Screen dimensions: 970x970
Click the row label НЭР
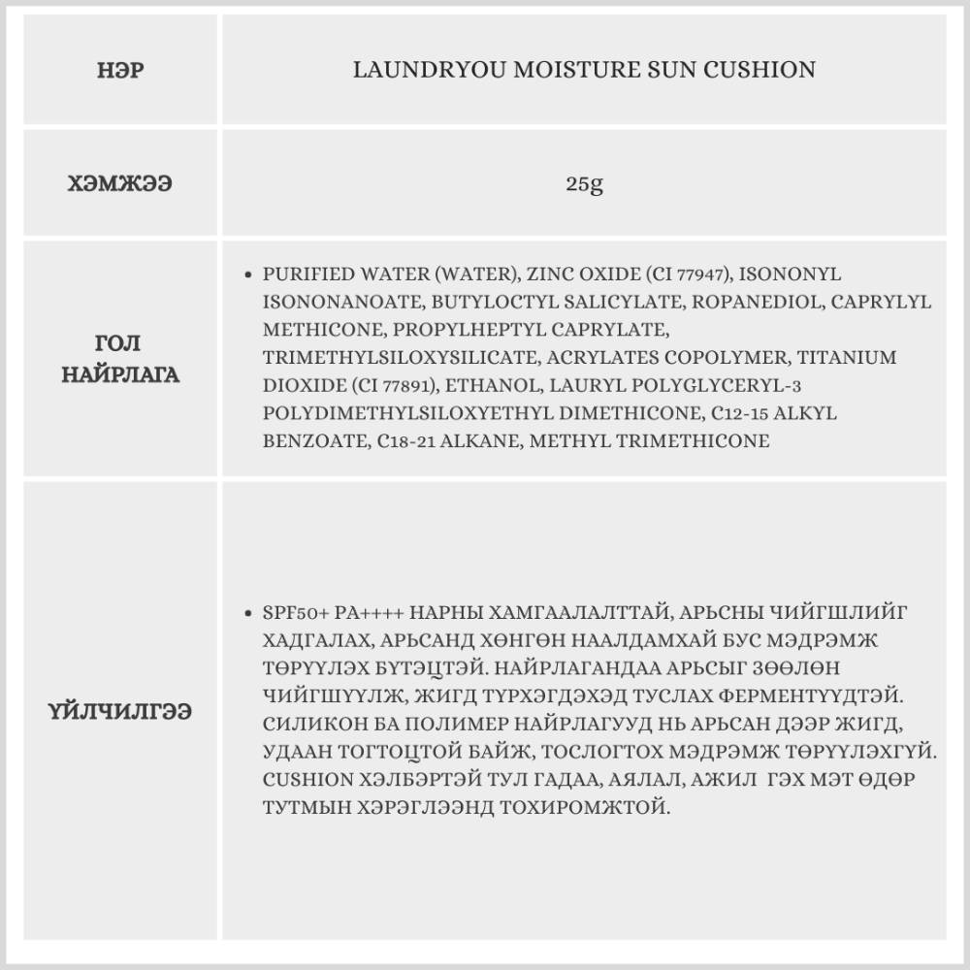coord(121,71)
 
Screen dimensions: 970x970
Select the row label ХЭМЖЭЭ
coord(121,182)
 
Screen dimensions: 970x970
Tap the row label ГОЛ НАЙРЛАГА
coord(121,359)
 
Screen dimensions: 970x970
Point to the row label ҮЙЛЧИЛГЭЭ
coord(121,711)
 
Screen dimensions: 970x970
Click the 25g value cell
coord(585,182)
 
